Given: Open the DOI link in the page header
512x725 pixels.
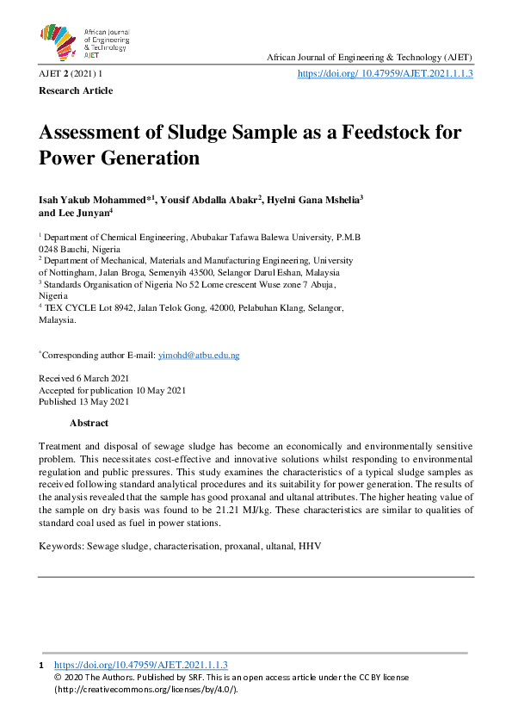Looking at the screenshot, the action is tap(385, 74).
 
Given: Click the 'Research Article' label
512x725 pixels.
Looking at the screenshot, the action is tap(76, 90).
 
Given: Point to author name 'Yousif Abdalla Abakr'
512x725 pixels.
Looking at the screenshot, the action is tap(209, 199).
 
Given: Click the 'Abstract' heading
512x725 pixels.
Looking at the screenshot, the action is tap(89, 423).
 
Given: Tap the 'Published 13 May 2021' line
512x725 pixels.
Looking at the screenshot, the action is tap(84, 401).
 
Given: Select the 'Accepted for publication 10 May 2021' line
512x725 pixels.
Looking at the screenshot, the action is tap(112, 390).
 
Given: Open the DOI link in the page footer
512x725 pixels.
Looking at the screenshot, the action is tap(140, 666).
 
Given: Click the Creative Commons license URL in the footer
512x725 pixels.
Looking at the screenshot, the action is tap(145, 689).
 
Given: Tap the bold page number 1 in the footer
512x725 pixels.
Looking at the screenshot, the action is tap(41, 666).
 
